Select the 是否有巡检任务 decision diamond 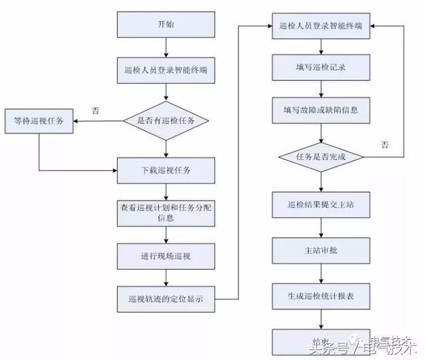click(x=166, y=121)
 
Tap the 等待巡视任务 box click(x=39, y=121)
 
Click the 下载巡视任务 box click(x=166, y=171)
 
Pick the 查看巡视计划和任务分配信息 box click(x=166, y=213)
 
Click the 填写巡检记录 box click(x=321, y=66)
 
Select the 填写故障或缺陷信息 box click(x=321, y=109)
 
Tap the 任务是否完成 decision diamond click(x=321, y=157)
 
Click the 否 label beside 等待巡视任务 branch click(x=96, y=111)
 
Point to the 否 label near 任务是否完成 click(x=384, y=143)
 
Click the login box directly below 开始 click(x=166, y=70)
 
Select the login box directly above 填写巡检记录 click(x=321, y=27)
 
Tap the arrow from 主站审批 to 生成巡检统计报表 click(x=321, y=274)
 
